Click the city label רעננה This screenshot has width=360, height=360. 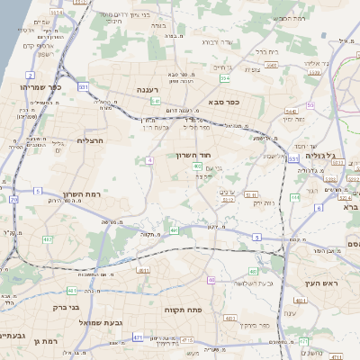point(149,91)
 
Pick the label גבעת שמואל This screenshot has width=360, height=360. point(94,321)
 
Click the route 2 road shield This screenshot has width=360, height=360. point(31,75)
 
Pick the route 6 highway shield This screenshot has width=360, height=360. point(319,207)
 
